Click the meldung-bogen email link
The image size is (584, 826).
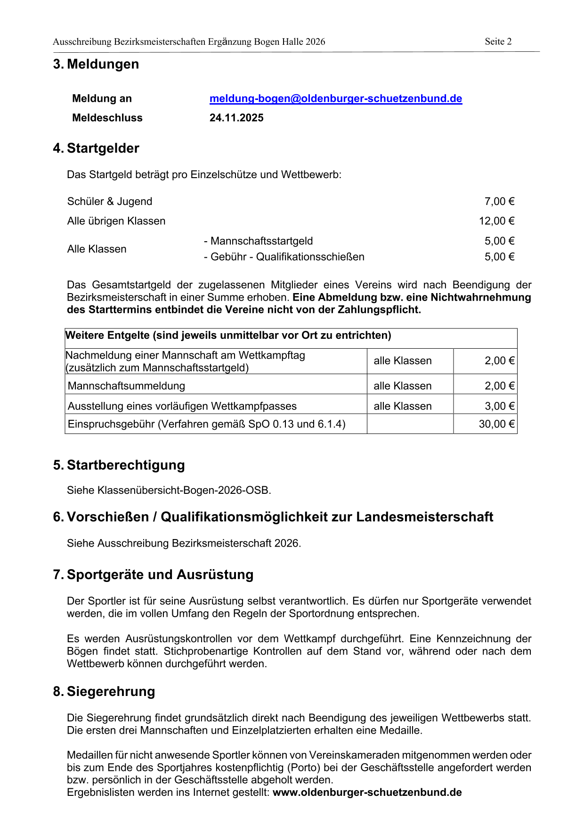(335, 98)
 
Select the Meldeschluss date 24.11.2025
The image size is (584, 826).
(236, 118)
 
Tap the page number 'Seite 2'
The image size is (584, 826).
(498, 41)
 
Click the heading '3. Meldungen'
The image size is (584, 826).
(96, 64)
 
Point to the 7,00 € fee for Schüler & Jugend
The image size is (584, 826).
(499, 201)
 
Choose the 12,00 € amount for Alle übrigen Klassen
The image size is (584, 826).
(496, 221)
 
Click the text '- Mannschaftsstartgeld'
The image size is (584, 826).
(258, 241)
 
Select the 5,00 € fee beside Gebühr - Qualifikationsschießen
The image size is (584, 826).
(499, 257)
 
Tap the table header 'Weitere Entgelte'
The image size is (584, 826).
(228, 335)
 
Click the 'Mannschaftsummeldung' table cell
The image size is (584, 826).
(126, 386)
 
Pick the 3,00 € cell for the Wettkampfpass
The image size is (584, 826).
(499, 406)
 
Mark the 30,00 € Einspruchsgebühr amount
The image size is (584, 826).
(496, 424)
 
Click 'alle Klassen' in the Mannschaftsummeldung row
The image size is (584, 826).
(402, 386)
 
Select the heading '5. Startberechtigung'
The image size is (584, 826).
(119, 465)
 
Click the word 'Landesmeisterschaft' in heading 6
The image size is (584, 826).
(424, 517)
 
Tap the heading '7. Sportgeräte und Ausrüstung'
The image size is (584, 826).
(154, 575)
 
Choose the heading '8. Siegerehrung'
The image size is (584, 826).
(104, 691)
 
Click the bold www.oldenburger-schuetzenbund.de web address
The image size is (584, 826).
(367, 792)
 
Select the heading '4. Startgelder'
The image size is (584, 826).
(96, 148)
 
